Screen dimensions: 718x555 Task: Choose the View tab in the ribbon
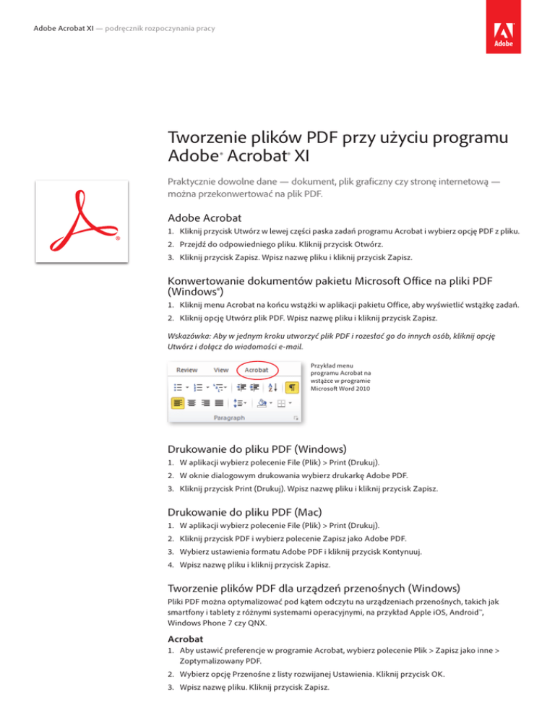tap(221, 370)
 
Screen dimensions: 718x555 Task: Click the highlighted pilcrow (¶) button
tap(292, 387)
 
